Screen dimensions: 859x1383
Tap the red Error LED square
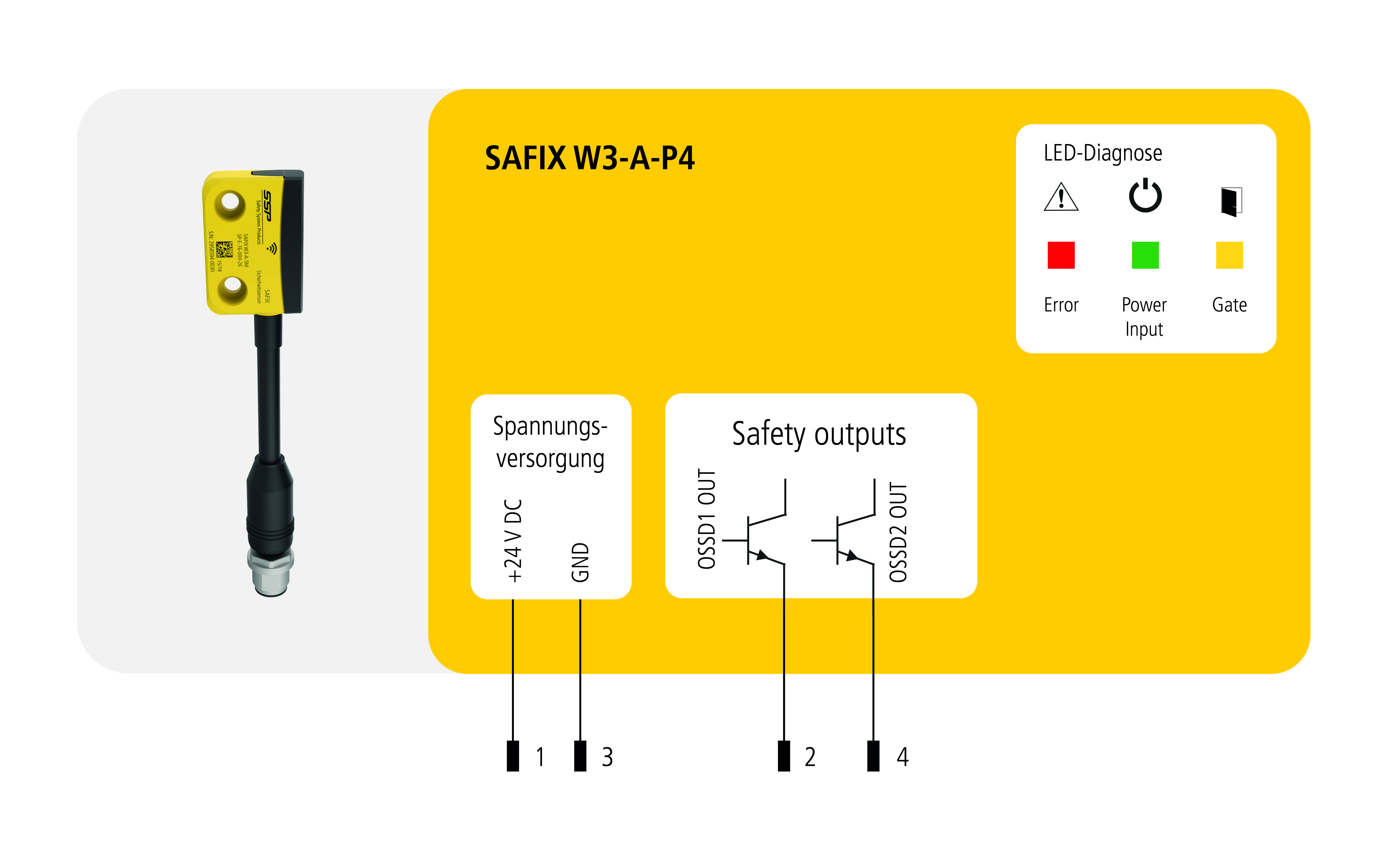click(x=1060, y=255)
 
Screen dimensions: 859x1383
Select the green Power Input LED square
click(x=1144, y=255)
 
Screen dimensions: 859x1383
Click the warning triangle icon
click(x=1060, y=197)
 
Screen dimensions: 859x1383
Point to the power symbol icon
click(x=1144, y=196)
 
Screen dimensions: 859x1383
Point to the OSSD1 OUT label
click(x=707, y=519)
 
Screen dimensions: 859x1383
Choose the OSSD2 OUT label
click(x=898, y=532)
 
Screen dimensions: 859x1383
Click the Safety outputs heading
click(x=819, y=435)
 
